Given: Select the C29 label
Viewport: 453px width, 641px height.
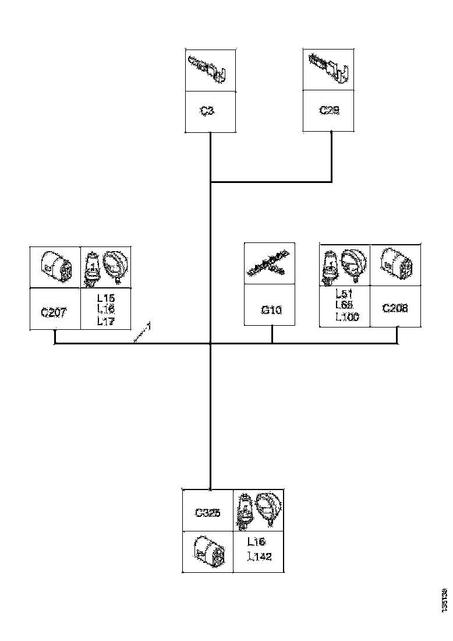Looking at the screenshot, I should (x=329, y=110).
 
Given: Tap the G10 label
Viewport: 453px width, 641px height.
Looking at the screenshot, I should (x=271, y=310).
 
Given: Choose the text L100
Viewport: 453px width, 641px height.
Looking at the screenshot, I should (x=348, y=316).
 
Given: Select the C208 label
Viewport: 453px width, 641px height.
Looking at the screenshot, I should (x=395, y=308).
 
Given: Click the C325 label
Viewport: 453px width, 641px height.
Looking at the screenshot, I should (x=207, y=513).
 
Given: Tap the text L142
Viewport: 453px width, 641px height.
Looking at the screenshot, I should (x=259, y=557).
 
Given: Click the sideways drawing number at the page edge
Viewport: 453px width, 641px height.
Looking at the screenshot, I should (x=445, y=600).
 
